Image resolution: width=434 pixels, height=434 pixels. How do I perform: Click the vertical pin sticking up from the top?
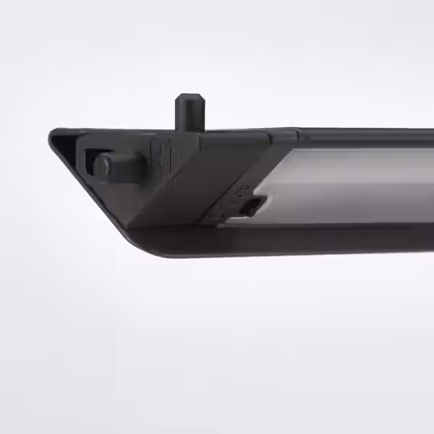point(189,114)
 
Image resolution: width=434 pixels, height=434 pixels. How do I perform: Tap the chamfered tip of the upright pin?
point(190,96)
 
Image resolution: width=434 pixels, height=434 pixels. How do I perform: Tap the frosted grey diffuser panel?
point(347,184)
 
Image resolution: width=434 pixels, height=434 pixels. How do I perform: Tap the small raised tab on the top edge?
point(283,134)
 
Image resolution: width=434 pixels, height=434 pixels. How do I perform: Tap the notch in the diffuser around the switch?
point(259,199)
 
